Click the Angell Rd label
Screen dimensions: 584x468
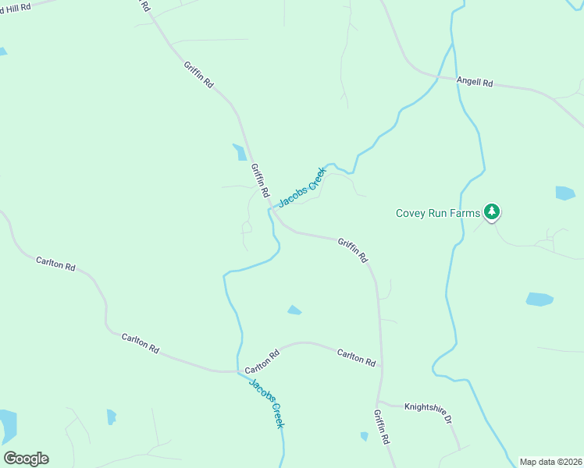click(x=475, y=82)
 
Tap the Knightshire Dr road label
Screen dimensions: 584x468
click(x=427, y=413)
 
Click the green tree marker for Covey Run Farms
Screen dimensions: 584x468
click(x=491, y=211)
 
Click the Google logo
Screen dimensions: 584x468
click(x=26, y=459)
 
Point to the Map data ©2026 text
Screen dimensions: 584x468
click(x=550, y=462)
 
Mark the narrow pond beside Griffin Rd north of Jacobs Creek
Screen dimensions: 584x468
click(x=240, y=151)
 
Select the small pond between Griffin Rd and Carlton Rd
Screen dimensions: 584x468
click(x=294, y=310)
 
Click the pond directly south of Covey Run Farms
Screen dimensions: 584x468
click(x=539, y=299)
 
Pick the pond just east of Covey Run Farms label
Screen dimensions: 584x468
click(x=565, y=193)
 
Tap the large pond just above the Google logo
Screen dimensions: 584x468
click(x=8, y=425)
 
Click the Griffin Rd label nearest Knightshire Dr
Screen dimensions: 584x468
click(x=381, y=427)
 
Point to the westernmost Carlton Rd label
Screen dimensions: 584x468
click(x=55, y=264)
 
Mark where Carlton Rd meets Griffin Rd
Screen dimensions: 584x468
click(x=381, y=367)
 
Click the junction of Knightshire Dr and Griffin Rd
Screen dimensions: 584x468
click(x=382, y=403)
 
